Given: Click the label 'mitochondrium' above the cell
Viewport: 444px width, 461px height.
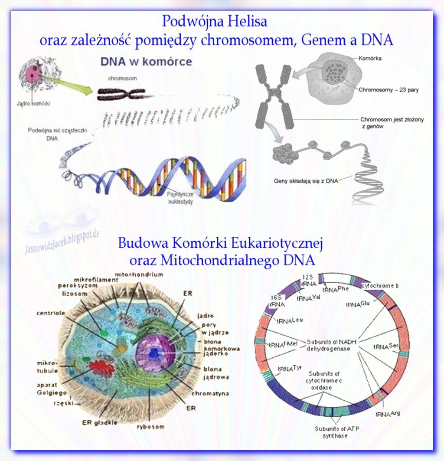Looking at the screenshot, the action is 138,275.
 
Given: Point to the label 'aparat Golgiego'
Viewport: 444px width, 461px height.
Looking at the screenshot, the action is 51,389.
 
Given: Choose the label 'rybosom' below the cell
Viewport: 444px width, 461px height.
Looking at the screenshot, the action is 150,427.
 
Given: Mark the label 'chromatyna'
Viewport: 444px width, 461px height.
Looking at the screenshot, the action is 212,394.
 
